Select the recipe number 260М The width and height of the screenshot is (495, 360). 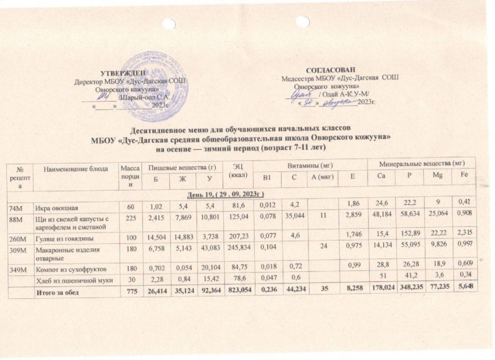[x=17, y=238]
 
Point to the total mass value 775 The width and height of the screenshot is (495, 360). [x=130, y=292]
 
